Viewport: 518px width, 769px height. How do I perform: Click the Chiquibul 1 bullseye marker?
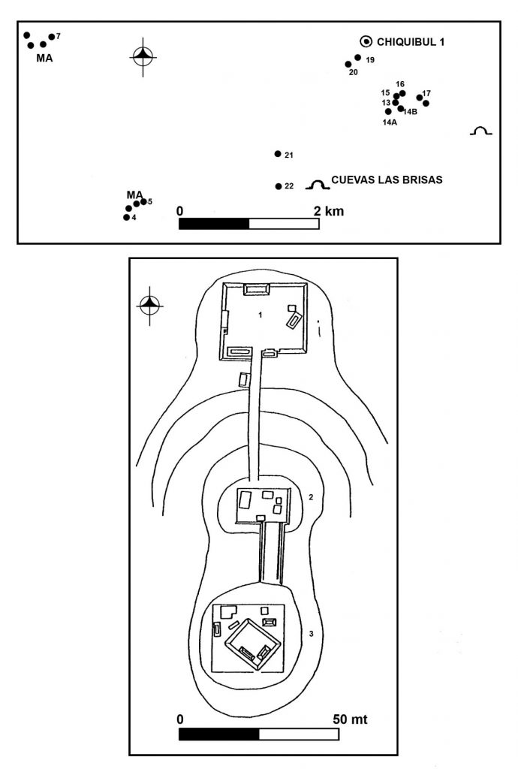click(x=366, y=42)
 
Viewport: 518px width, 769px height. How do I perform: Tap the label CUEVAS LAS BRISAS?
click(x=387, y=180)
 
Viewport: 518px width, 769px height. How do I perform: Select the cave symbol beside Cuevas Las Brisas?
click(x=318, y=185)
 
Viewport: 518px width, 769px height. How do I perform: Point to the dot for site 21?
click(x=278, y=154)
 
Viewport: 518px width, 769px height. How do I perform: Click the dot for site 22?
click(x=279, y=186)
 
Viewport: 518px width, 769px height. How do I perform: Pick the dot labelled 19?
click(x=358, y=58)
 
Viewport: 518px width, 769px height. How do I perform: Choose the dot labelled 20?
click(x=348, y=65)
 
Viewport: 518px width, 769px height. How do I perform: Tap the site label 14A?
click(x=390, y=122)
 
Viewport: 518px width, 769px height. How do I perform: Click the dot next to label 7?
click(x=52, y=37)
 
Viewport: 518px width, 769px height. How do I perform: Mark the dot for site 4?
click(x=126, y=217)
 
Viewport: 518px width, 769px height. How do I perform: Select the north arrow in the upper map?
click(x=143, y=56)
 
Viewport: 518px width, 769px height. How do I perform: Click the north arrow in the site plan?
click(x=150, y=305)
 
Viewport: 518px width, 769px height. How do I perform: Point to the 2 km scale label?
click(x=329, y=211)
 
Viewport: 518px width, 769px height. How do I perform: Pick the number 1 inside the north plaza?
click(x=261, y=315)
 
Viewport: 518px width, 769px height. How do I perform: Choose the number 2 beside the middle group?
click(x=311, y=497)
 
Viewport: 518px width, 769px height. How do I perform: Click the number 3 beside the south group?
click(x=312, y=634)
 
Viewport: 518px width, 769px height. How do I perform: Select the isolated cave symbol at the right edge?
click(x=480, y=131)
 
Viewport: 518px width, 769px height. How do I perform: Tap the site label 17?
click(x=426, y=93)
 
